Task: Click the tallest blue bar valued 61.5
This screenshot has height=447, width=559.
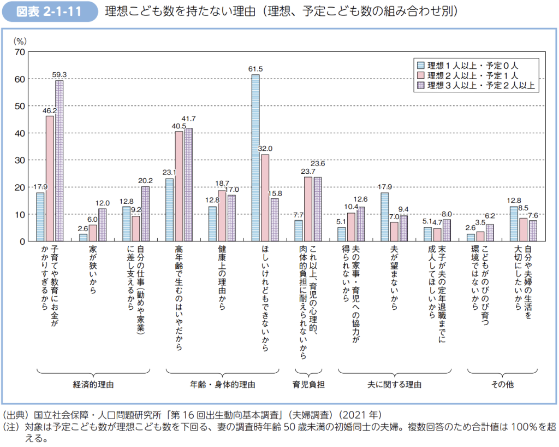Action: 255,158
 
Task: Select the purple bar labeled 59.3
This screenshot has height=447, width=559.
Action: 59,161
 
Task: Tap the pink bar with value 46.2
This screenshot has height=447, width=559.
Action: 50,178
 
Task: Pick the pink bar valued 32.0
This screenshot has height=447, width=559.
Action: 265,198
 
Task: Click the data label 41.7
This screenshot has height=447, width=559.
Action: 189,119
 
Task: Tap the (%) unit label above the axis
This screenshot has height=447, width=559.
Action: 20,41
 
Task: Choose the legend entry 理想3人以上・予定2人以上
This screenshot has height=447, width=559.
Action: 477,85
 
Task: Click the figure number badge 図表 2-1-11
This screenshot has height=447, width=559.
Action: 50,11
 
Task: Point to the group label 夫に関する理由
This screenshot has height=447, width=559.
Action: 394,384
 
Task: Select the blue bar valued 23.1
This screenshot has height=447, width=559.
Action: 169,210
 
